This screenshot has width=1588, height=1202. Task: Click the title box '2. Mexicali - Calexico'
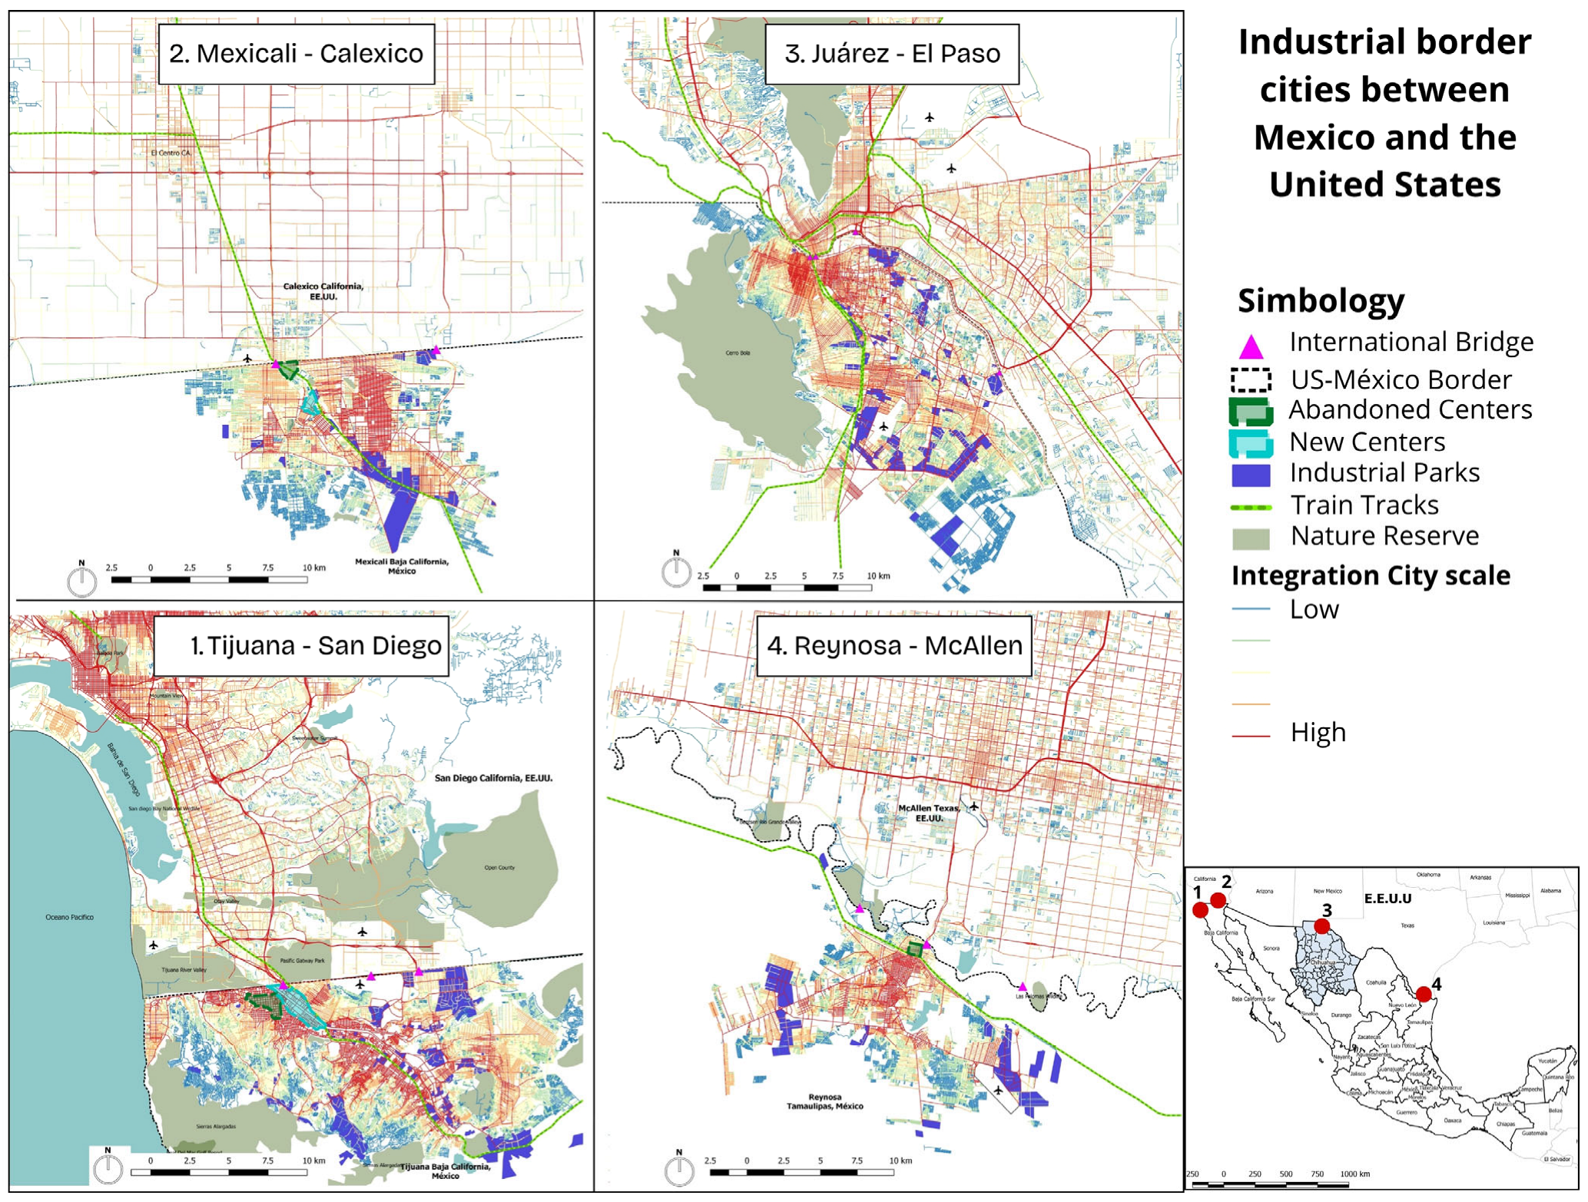click(296, 54)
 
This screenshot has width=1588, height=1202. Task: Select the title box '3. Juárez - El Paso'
click(891, 54)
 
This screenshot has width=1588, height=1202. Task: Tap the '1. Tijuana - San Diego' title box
click(301, 645)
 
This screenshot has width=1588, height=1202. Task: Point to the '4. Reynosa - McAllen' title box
click(893, 645)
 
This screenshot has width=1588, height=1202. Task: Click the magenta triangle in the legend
click(1251, 347)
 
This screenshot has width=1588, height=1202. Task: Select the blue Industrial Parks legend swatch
click(1251, 475)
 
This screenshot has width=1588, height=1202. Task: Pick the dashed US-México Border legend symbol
click(1251, 380)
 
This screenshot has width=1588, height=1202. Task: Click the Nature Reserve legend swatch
click(1251, 538)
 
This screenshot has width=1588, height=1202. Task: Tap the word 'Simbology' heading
click(1321, 300)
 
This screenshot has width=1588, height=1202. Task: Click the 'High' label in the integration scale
click(1318, 732)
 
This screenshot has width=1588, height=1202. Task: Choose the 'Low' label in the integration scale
click(1314, 609)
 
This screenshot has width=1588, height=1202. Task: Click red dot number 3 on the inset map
click(1321, 926)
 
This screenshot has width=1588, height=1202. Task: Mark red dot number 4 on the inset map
click(1423, 994)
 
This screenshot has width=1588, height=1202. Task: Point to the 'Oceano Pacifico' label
click(69, 917)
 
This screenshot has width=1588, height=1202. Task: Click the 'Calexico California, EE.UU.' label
click(323, 291)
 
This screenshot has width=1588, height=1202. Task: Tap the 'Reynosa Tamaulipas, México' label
click(824, 1101)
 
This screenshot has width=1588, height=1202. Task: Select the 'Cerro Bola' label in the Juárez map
click(737, 353)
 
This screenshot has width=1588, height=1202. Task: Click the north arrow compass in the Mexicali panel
click(81, 580)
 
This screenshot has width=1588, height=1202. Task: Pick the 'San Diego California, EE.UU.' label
click(493, 778)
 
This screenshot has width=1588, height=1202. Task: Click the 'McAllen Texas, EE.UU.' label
click(928, 813)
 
